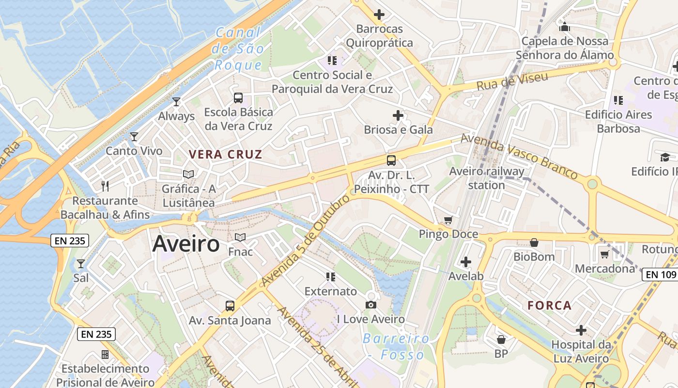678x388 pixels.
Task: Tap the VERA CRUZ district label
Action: (225, 155)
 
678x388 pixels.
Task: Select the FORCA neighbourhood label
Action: (550, 306)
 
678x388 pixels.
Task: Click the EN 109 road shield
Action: (661, 275)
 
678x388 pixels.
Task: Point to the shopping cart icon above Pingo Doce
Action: (448, 220)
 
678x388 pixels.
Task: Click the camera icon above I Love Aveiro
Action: (371, 305)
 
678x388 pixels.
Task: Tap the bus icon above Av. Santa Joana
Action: (230, 306)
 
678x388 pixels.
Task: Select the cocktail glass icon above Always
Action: (176, 101)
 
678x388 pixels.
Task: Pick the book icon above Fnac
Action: (240, 237)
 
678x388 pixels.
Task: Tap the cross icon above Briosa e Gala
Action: (398, 115)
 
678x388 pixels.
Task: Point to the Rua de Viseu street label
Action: (512, 81)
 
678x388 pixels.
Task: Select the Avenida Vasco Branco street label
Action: (519, 156)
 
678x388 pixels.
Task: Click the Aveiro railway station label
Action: (487, 178)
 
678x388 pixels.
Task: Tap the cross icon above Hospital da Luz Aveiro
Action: (581, 330)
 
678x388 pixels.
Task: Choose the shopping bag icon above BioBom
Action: (534, 242)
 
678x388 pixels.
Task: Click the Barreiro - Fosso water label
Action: (396, 346)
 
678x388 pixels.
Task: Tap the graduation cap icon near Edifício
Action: (665, 157)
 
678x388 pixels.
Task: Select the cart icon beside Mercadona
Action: (604, 254)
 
